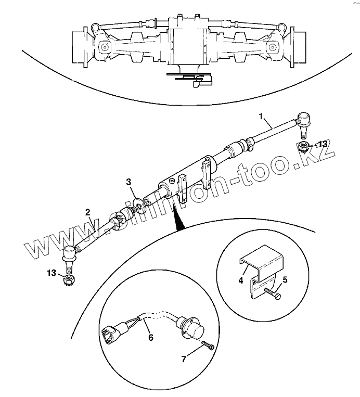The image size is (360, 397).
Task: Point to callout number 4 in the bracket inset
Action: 241,280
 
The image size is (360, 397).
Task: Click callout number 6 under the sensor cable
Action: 151,337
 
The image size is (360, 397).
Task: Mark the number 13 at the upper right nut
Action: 323,144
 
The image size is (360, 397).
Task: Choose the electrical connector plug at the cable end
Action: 112,334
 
